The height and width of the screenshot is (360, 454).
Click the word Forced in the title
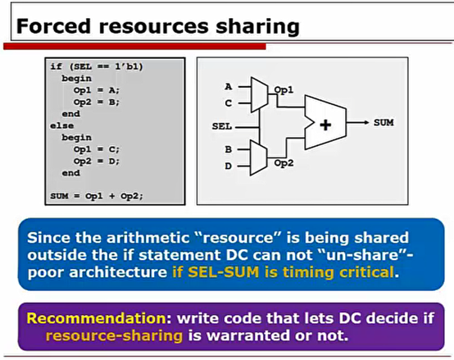coord(52,25)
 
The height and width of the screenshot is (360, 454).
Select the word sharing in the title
coord(254,25)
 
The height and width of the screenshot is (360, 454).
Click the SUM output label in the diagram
coord(384,122)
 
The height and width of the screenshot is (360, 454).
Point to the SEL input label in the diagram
coord(220,125)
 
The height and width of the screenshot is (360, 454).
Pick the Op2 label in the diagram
coord(284,163)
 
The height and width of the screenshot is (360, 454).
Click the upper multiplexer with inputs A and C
coord(257,94)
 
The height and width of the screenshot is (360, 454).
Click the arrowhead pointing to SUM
coord(365,122)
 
